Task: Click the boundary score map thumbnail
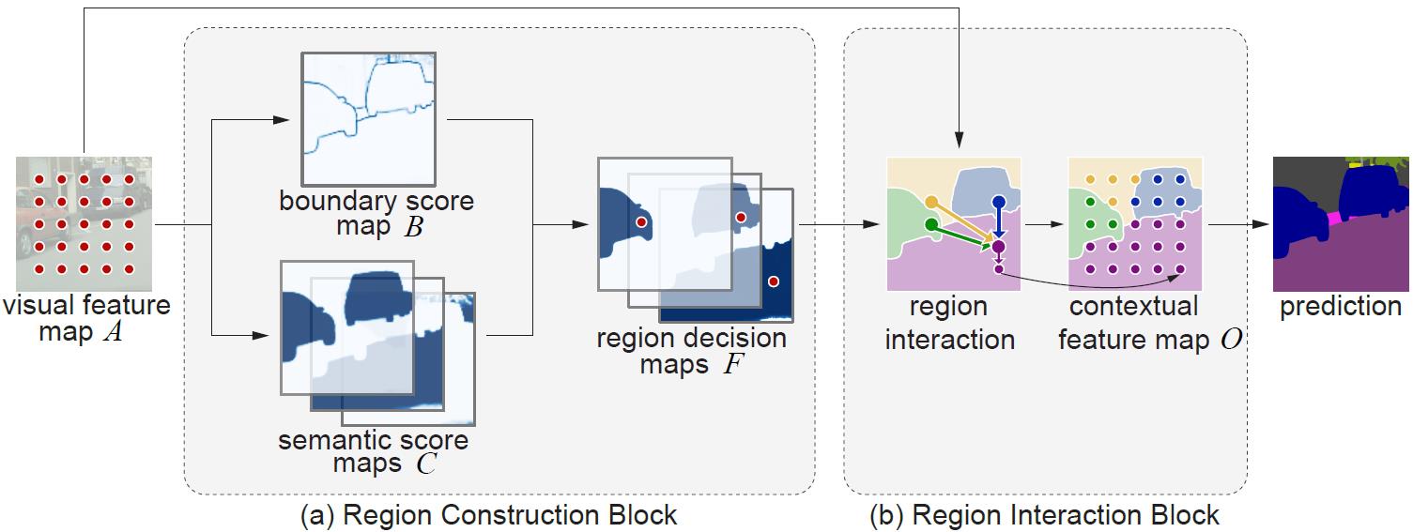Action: tap(367, 118)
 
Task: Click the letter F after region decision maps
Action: tap(731, 364)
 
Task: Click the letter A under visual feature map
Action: tap(112, 332)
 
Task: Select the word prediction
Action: tap(1340, 307)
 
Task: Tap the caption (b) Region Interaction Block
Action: tap(1045, 515)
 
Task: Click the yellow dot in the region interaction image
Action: tap(931, 202)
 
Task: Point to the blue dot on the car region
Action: tap(999, 202)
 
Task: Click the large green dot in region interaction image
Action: tap(930, 224)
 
